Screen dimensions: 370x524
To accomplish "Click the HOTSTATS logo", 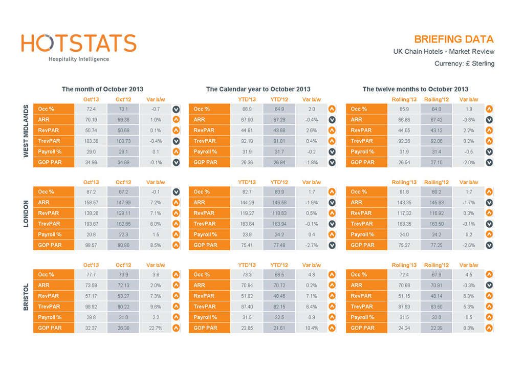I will tap(79, 43).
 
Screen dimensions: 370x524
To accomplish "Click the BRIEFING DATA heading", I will tap(453, 39).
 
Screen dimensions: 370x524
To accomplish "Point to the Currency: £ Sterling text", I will tap(464, 63).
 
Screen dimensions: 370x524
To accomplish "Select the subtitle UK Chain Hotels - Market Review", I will tap(444, 52).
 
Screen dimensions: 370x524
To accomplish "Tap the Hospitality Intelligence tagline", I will tap(79, 59).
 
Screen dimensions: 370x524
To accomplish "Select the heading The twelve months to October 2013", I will tap(415, 89).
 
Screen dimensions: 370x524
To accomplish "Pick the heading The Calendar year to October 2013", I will tap(258, 89).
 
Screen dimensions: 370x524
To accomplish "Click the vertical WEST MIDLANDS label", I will tap(26, 131).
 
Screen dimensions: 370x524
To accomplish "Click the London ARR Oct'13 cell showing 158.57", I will tap(91, 203).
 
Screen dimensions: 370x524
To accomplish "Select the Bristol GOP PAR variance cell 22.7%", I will tap(156, 328).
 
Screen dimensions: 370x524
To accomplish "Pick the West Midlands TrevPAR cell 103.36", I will tap(91, 141).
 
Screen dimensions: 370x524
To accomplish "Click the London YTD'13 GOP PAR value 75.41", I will tap(247, 245).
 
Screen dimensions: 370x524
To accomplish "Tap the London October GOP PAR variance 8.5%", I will tap(156, 245).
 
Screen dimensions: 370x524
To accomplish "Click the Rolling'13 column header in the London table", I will tap(404, 182).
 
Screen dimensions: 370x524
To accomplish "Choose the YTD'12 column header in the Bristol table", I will tap(279, 265).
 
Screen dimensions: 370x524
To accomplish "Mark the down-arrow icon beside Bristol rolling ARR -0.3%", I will tap(489, 286).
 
